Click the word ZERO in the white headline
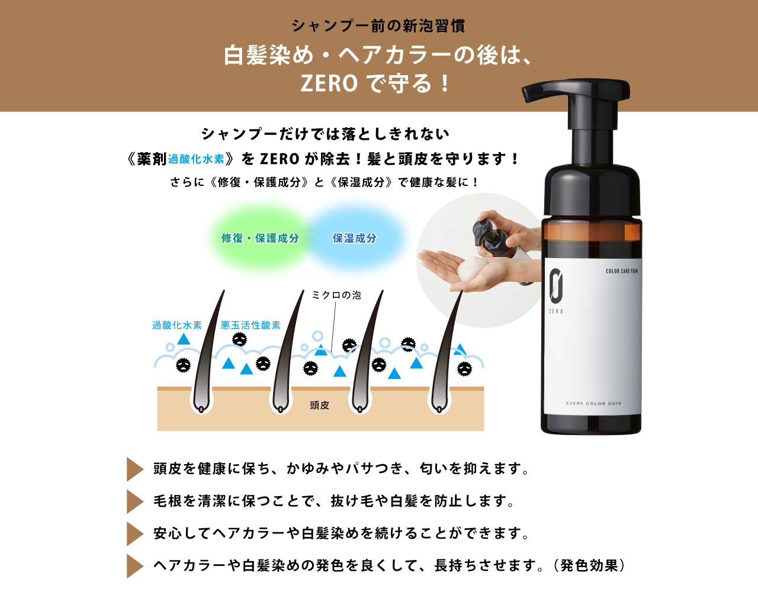click(x=329, y=83)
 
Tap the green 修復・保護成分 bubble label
click(x=261, y=239)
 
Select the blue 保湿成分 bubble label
click(x=354, y=239)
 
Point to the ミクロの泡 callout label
click(x=336, y=295)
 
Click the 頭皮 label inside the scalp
click(x=319, y=406)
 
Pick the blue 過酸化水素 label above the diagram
click(x=177, y=325)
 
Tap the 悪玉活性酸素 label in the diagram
click(x=250, y=325)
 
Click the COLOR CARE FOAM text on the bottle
click(x=622, y=271)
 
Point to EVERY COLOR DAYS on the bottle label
click(x=593, y=404)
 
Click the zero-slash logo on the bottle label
click(x=556, y=285)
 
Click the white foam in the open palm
click(x=472, y=268)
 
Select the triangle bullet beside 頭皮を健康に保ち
click(x=134, y=469)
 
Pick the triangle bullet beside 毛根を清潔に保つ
click(x=134, y=501)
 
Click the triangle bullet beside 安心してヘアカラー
click(x=134, y=534)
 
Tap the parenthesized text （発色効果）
click(x=589, y=566)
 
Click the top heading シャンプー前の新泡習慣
click(x=378, y=26)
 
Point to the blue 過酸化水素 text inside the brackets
click(x=196, y=159)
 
